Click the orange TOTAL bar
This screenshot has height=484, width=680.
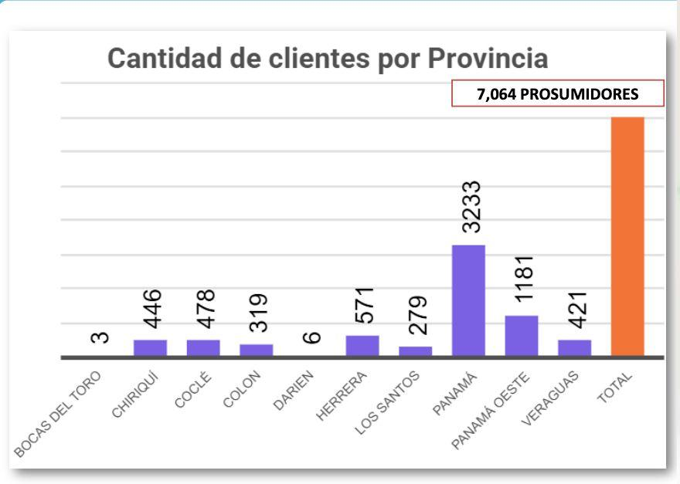coord(627,236)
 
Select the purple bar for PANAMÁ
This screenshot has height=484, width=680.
coord(468,301)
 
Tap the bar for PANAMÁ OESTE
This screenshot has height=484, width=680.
coord(522,336)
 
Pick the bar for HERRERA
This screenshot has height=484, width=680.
coord(362,346)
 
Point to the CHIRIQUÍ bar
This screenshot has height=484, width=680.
coord(150,348)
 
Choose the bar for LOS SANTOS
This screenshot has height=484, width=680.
coord(416,351)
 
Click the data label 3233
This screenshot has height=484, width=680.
coord(471,207)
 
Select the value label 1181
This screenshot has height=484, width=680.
coord(524,278)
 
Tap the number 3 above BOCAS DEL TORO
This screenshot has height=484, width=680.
coord(100,337)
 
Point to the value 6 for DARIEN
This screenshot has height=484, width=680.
coord(312,337)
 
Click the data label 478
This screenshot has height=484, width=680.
coord(206,309)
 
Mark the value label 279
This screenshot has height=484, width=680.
coord(417,315)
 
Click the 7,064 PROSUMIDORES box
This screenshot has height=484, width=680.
coord(558,93)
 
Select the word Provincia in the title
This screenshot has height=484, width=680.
coord(488,58)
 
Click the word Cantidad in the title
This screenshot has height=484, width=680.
coord(165,58)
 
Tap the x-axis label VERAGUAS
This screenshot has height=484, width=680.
coord(550,398)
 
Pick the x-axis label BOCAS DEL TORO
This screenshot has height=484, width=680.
coord(57,415)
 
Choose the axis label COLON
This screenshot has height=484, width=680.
coord(242,389)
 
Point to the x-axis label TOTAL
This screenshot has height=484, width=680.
coord(615,387)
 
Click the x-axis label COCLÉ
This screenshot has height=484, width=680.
coord(193,390)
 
